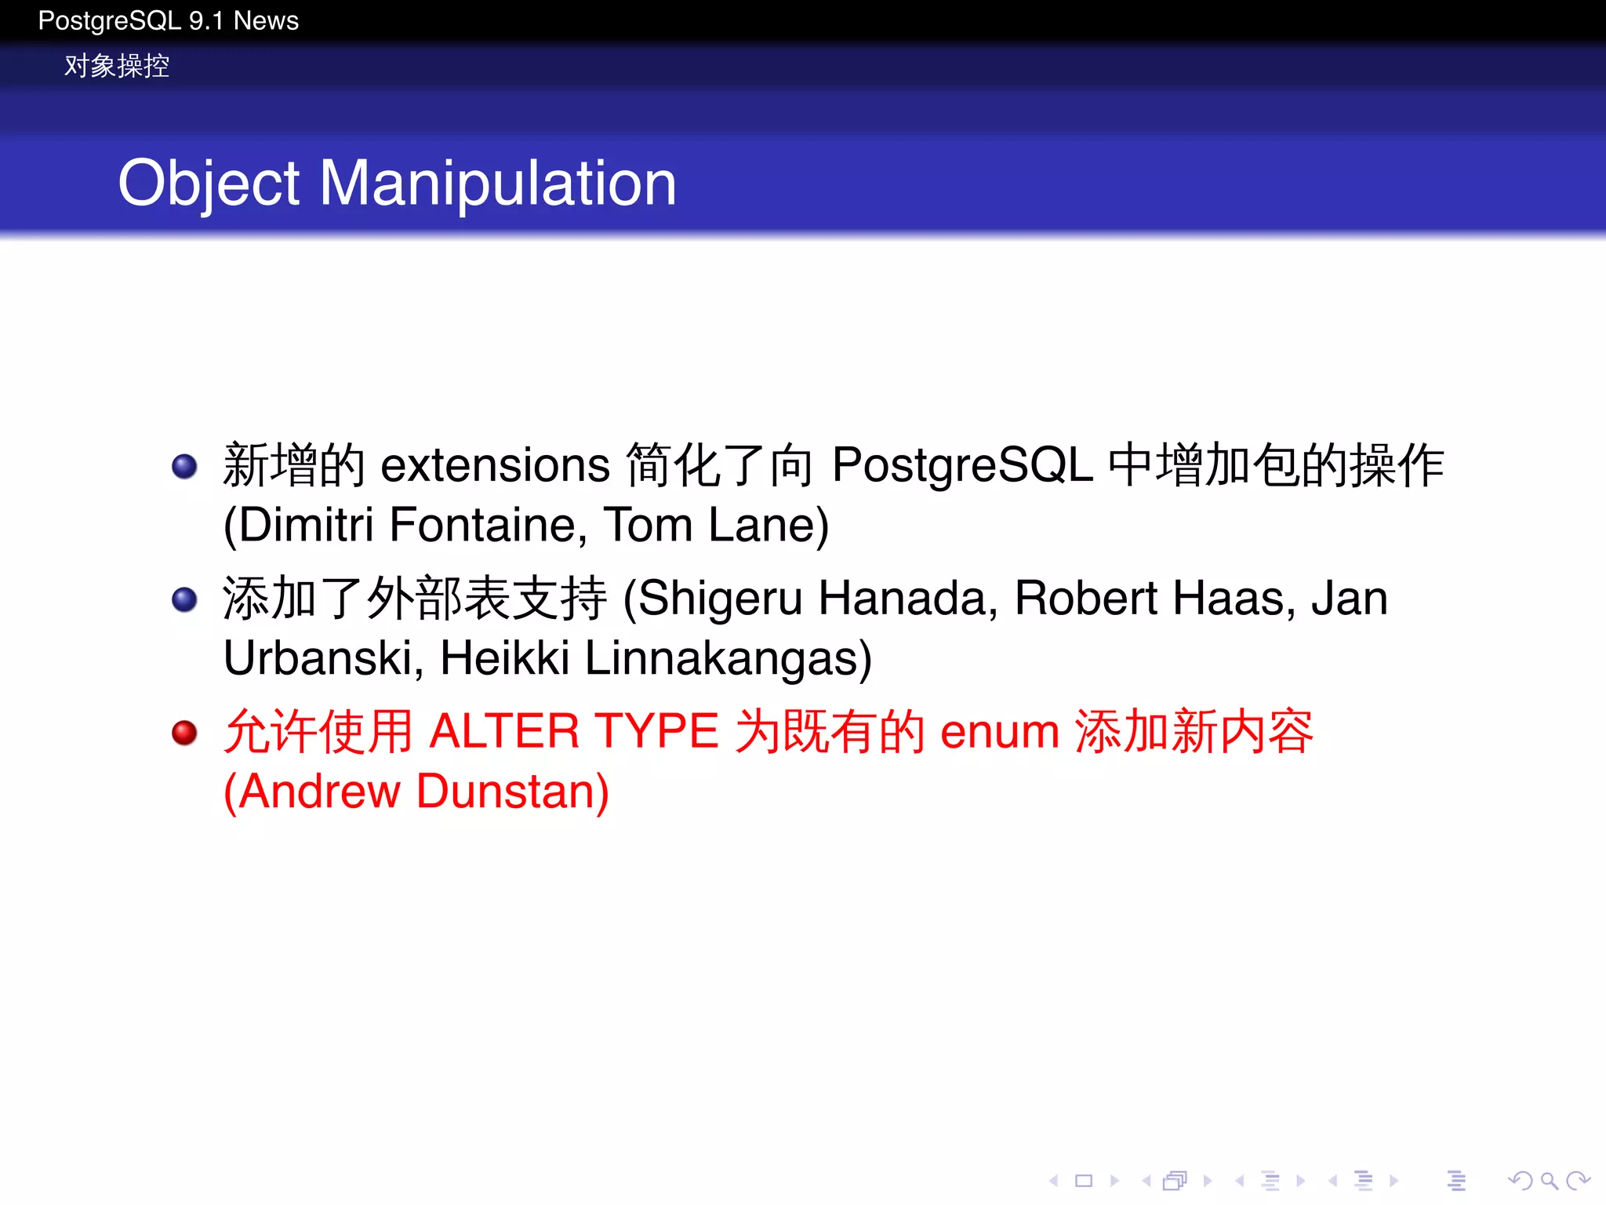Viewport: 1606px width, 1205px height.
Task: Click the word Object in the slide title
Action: [x=208, y=184]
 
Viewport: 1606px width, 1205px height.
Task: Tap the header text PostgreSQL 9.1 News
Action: [x=168, y=20]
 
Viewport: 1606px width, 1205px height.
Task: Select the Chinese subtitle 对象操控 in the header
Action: [x=116, y=66]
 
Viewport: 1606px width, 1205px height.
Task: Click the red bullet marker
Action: [x=184, y=733]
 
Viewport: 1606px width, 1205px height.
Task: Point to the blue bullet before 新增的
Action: [x=184, y=466]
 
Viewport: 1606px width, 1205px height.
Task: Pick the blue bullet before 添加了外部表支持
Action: [x=184, y=599]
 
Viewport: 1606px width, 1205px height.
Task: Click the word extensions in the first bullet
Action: [x=495, y=465]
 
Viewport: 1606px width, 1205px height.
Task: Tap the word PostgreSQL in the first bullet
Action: [x=962, y=465]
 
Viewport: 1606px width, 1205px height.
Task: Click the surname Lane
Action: [x=768, y=525]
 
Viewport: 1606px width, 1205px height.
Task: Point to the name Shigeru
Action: [x=721, y=599]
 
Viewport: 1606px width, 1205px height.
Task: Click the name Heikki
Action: [x=504, y=657]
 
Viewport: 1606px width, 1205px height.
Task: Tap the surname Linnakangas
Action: [x=728, y=657]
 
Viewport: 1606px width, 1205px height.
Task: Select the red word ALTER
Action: [x=504, y=731]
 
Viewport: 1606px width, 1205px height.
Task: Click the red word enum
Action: [x=1000, y=731]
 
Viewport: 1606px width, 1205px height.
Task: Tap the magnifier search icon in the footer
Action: [x=1549, y=1180]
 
